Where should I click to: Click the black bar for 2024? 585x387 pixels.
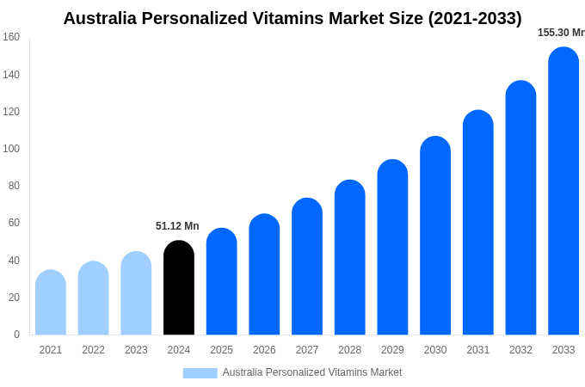tap(179, 288)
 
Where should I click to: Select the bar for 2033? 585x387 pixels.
tap(563, 191)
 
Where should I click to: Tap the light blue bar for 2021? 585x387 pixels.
tap(51, 303)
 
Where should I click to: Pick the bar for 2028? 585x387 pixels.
tap(350, 257)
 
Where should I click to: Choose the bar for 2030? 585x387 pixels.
tap(435, 236)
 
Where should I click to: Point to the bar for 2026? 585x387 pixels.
tap(264, 274)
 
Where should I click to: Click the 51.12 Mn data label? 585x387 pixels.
tap(177, 226)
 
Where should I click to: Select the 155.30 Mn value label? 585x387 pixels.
tap(561, 33)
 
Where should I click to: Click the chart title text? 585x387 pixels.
tap(292, 18)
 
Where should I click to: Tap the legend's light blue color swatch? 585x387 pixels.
tap(200, 372)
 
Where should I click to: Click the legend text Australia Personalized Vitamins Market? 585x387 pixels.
tap(312, 372)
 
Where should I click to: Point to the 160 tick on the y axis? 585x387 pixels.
tap(11, 37)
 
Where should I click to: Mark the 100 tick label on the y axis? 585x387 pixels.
tap(11, 149)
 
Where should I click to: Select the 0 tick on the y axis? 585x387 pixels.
tap(16, 335)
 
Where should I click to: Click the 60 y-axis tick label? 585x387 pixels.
tap(13, 223)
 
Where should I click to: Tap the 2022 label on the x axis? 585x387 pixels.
tap(93, 350)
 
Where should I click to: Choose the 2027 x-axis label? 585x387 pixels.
tap(307, 350)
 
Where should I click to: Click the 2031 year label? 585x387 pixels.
tap(478, 350)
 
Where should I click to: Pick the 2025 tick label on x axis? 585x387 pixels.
tap(222, 350)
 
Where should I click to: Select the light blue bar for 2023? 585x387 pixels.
tap(136, 293)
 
